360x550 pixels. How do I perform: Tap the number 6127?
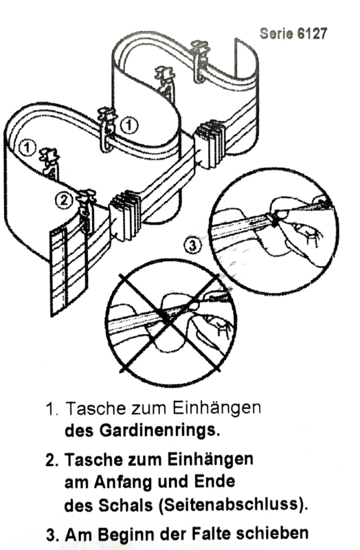pyautogui.click(x=313, y=34)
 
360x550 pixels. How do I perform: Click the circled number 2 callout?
pyautogui.click(x=63, y=201)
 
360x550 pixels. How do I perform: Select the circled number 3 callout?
pyautogui.click(x=192, y=245)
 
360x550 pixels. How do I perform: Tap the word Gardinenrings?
pyautogui.click(x=160, y=430)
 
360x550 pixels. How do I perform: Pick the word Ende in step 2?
pyautogui.click(x=214, y=481)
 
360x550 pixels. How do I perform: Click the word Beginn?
pyautogui.click(x=127, y=535)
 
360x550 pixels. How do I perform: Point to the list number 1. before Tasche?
pyautogui.click(x=53, y=409)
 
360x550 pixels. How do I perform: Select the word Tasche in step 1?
pyautogui.click(x=95, y=408)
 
